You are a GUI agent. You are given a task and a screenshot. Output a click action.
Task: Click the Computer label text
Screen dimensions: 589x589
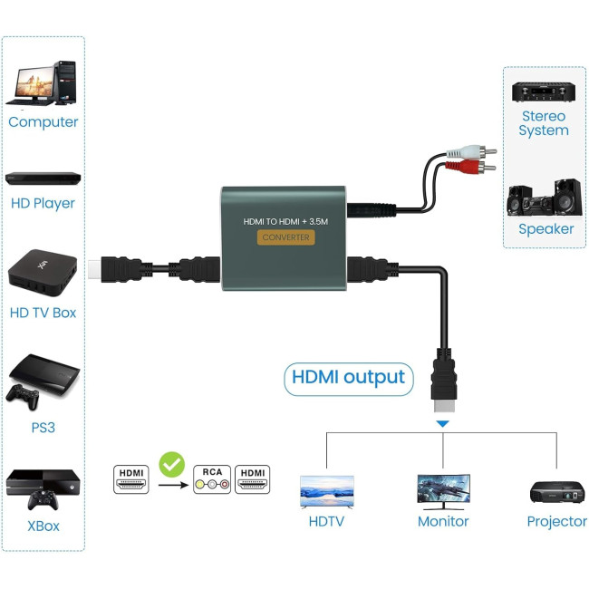43,122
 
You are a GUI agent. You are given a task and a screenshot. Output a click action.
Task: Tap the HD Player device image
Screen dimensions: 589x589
43,178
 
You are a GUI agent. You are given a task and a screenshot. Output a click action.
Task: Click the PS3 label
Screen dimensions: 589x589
43,427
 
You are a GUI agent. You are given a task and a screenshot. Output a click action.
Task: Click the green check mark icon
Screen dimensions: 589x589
171,465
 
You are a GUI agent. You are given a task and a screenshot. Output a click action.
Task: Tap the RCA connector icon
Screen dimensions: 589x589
212,479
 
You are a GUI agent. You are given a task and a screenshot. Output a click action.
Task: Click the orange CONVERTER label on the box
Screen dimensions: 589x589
285,237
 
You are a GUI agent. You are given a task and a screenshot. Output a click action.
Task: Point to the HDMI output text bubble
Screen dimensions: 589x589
349,377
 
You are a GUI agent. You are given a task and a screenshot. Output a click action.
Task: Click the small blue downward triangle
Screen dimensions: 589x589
442,423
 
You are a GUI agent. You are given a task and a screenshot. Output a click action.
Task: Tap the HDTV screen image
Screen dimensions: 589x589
327,491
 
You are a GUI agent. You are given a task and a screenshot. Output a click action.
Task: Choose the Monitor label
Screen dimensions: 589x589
443,522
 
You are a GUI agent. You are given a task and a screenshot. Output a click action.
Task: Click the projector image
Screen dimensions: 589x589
556,492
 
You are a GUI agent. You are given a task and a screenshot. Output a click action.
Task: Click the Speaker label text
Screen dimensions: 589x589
546,229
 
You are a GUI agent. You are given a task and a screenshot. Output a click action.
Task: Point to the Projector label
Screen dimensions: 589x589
556,522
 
